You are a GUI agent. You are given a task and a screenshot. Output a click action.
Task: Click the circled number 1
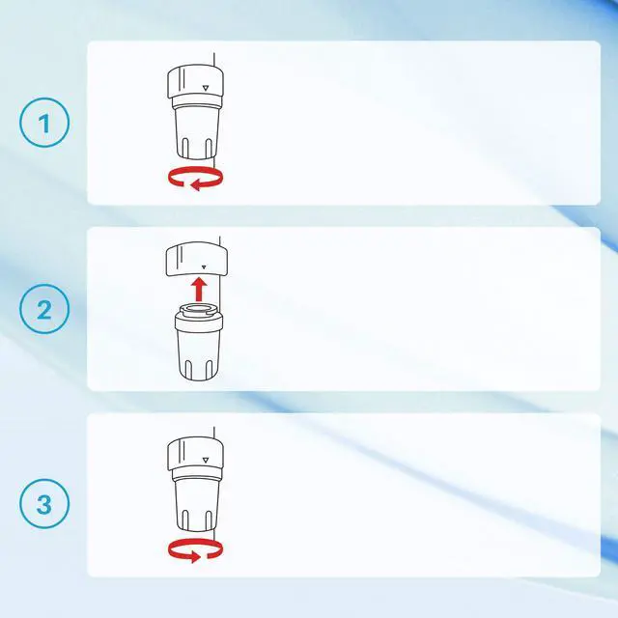coord(44,123)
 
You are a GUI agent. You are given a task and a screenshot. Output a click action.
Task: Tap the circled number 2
coord(44,309)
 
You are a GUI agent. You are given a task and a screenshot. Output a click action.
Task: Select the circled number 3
coord(44,503)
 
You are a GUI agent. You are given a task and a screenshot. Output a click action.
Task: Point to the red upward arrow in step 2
coord(200,290)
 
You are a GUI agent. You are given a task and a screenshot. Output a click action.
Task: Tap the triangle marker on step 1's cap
coord(206,88)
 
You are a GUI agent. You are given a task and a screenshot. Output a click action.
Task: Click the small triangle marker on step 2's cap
coord(204,267)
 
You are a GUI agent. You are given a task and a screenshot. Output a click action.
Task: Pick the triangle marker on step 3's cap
coord(206,460)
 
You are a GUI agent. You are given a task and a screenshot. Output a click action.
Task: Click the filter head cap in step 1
coord(195,81)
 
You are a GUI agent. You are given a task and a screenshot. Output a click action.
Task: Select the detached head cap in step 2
coord(197,259)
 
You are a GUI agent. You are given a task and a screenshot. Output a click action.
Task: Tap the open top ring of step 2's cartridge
coord(197,308)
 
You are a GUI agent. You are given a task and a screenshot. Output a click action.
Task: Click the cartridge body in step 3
coord(195,503)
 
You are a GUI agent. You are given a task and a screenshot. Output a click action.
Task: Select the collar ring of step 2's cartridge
coord(199,322)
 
